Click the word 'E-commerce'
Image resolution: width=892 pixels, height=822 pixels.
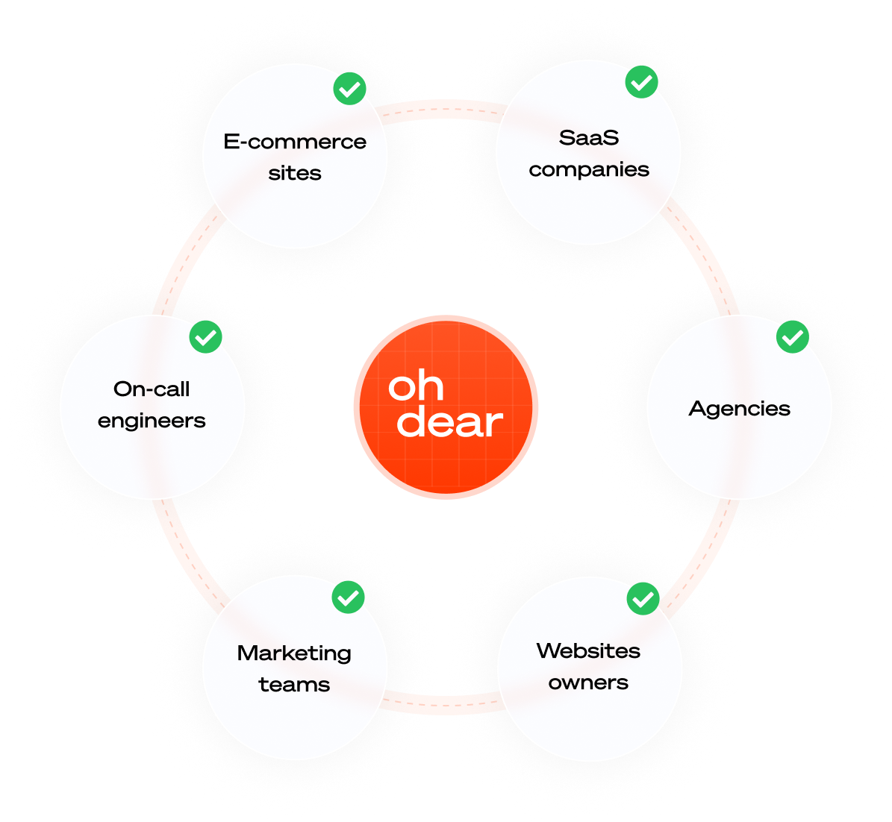[x=295, y=142]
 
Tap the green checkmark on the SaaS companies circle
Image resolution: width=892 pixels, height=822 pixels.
[x=641, y=82]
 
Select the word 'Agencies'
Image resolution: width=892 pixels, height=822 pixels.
[x=739, y=408]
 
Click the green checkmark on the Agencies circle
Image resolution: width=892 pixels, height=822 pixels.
[x=792, y=337]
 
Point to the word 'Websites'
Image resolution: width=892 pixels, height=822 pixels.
[x=588, y=650]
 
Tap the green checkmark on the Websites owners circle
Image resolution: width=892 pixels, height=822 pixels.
[x=643, y=599]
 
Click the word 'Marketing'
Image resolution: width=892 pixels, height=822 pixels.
[x=294, y=653]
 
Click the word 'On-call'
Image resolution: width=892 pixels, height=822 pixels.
[x=152, y=389]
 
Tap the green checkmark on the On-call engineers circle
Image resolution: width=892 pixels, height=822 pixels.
[x=205, y=337]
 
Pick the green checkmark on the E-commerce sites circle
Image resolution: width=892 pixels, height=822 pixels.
[x=349, y=90]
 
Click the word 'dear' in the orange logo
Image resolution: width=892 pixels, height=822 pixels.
[x=449, y=423]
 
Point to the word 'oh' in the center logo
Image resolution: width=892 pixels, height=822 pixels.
[x=416, y=386]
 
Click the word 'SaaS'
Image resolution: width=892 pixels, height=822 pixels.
[x=589, y=138]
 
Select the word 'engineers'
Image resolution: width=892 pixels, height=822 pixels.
[x=152, y=421]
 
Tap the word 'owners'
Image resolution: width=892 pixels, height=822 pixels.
[x=588, y=683]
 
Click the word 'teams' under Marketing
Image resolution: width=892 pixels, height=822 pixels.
[x=294, y=685]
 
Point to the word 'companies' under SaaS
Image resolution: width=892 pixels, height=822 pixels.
[x=589, y=170]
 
